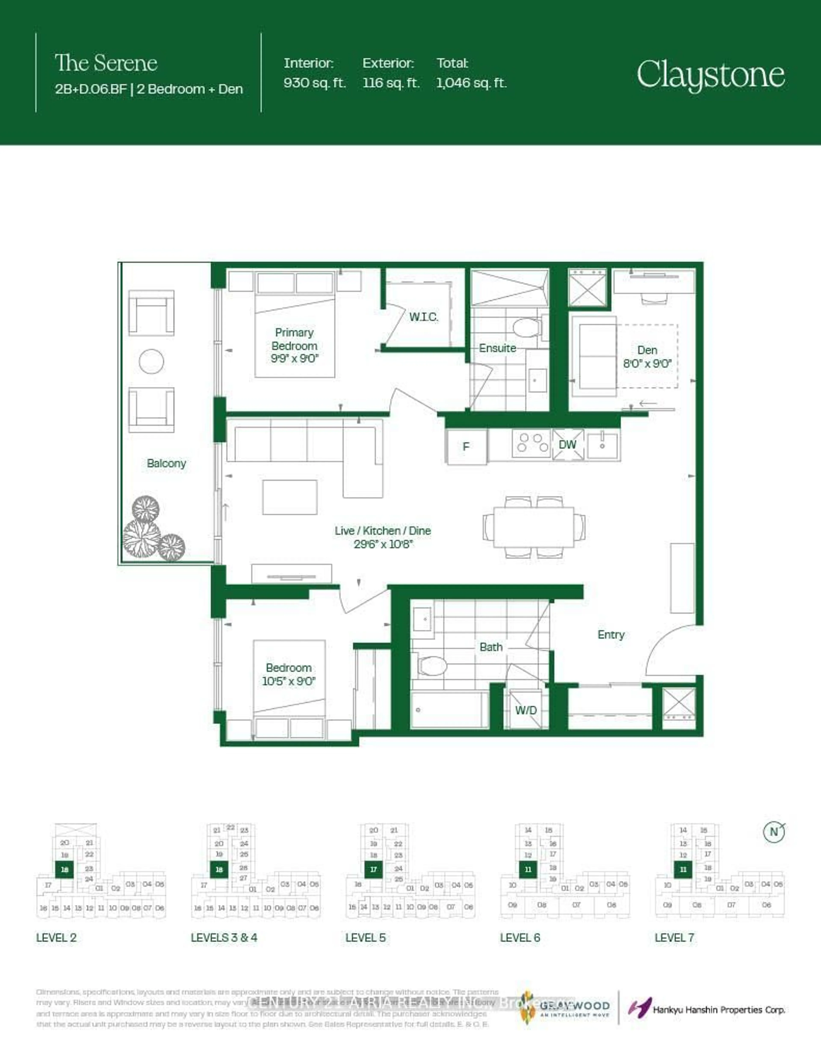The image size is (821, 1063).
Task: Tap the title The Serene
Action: (106, 63)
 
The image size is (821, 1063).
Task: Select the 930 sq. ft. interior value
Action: (314, 83)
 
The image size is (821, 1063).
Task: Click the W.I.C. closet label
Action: (423, 317)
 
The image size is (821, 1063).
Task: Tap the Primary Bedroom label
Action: (294, 346)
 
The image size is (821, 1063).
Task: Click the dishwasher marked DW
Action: (567, 444)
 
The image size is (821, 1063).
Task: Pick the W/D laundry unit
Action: (526, 710)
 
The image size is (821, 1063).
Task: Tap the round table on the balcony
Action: (151, 361)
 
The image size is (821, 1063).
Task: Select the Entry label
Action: (611, 635)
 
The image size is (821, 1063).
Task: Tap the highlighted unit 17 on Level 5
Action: (373, 869)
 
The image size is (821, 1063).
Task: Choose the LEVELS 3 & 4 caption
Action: (224, 937)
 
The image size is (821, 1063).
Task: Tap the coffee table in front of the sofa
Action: (289, 497)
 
